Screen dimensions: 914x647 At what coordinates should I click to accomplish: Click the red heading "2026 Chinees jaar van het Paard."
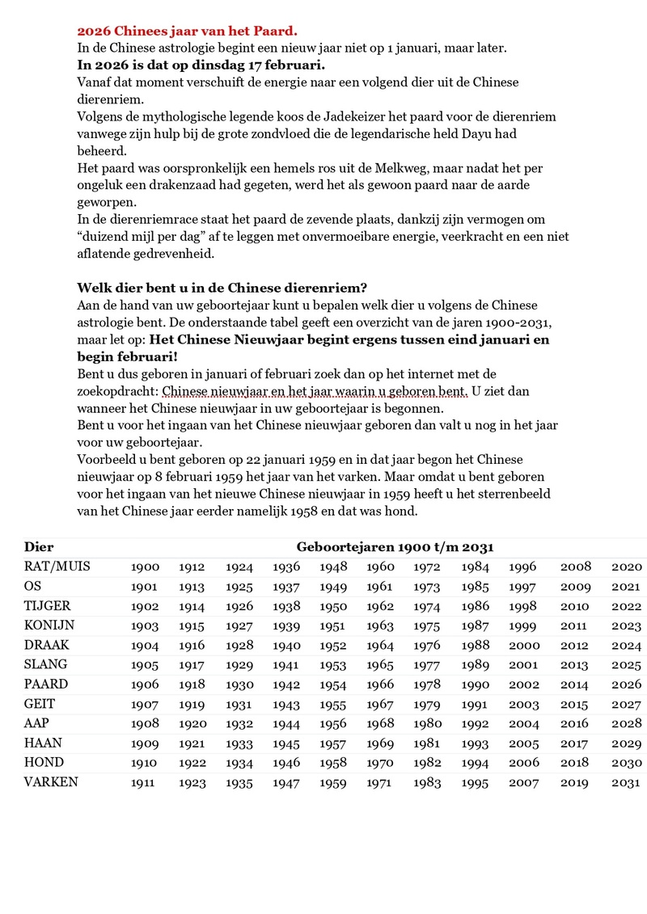pyautogui.click(x=187, y=32)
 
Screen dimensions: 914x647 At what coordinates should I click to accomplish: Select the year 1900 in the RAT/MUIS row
pyautogui.click(x=145, y=567)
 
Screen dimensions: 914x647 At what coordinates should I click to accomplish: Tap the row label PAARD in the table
pyautogui.click(x=47, y=684)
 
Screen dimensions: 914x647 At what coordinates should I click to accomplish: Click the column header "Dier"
pyautogui.click(x=39, y=547)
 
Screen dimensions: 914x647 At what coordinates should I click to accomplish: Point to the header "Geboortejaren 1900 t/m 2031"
pyautogui.click(x=395, y=547)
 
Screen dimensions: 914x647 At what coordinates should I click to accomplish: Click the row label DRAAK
pyautogui.click(x=48, y=645)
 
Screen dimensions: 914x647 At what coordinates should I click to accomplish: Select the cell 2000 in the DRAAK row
pyautogui.click(x=523, y=646)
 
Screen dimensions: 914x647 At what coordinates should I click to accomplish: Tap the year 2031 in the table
pyautogui.click(x=627, y=782)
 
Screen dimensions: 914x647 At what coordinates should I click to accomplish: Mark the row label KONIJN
pyautogui.click(x=50, y=625)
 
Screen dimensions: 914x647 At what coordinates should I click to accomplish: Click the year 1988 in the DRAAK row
pyautogui.click(x=476, y=646)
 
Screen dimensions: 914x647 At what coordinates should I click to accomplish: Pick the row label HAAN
pyautogui.click(x=44, y=743)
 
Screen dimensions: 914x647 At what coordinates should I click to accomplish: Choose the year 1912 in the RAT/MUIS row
pyautogui.click(x=192, y=567)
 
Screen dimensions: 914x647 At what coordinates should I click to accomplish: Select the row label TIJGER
pyautogui.click(x=48, y=606)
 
